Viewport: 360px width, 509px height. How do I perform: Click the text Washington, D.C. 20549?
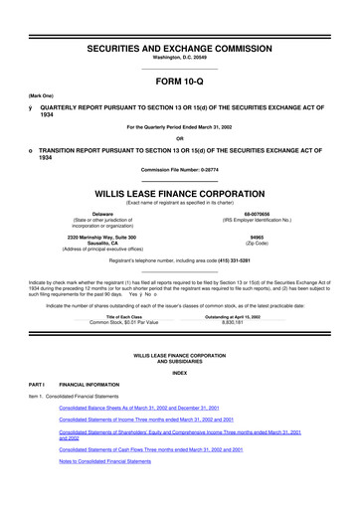pyautogui.click(x=180, y=34)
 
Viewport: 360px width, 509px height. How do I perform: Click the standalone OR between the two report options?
pyautogui.click(x=180, y=138)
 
